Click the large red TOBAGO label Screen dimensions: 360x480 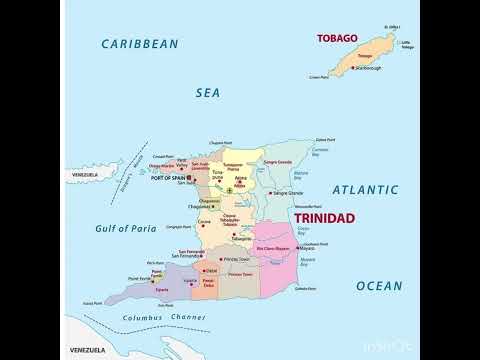[x=337, y=39]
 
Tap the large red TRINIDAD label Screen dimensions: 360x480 [x=324, y=218]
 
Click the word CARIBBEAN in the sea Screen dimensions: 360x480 [x=140, y=44]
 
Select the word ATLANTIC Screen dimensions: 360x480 [x=365, y=189]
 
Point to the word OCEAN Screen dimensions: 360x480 [x=380, y=286]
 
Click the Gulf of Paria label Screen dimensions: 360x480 [x=129, y=229]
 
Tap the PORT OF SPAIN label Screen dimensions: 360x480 [x=166, y=178]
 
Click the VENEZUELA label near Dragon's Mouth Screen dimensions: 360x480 [x=84, y=175]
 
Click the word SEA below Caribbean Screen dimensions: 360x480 [x=207, y=92]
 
